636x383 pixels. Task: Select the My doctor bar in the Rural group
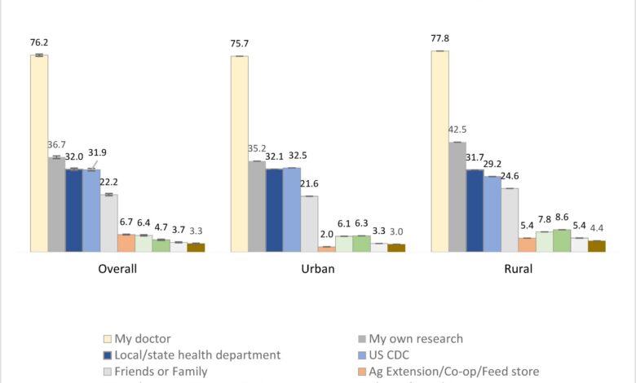click(439, 152)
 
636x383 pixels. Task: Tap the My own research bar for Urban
click(257, 206)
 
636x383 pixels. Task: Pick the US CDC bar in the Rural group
click(492, 214)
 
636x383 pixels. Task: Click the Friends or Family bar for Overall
click(109, 222)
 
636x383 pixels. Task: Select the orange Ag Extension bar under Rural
click(528, 244)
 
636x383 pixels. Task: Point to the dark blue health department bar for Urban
click(274, 210)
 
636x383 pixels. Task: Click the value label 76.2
click(39, 42)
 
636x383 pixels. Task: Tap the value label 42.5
click(457, 130)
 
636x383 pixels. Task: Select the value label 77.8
click(439, 37)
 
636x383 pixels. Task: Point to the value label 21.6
click(309, 184)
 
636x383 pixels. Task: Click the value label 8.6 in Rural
click(563, 217)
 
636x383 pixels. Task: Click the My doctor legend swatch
click(107, 339)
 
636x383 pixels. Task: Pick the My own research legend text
click(415, 339)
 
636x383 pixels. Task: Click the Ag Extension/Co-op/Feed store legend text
click(453, 372)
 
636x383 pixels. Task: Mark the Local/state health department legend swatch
click(107, 355)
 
